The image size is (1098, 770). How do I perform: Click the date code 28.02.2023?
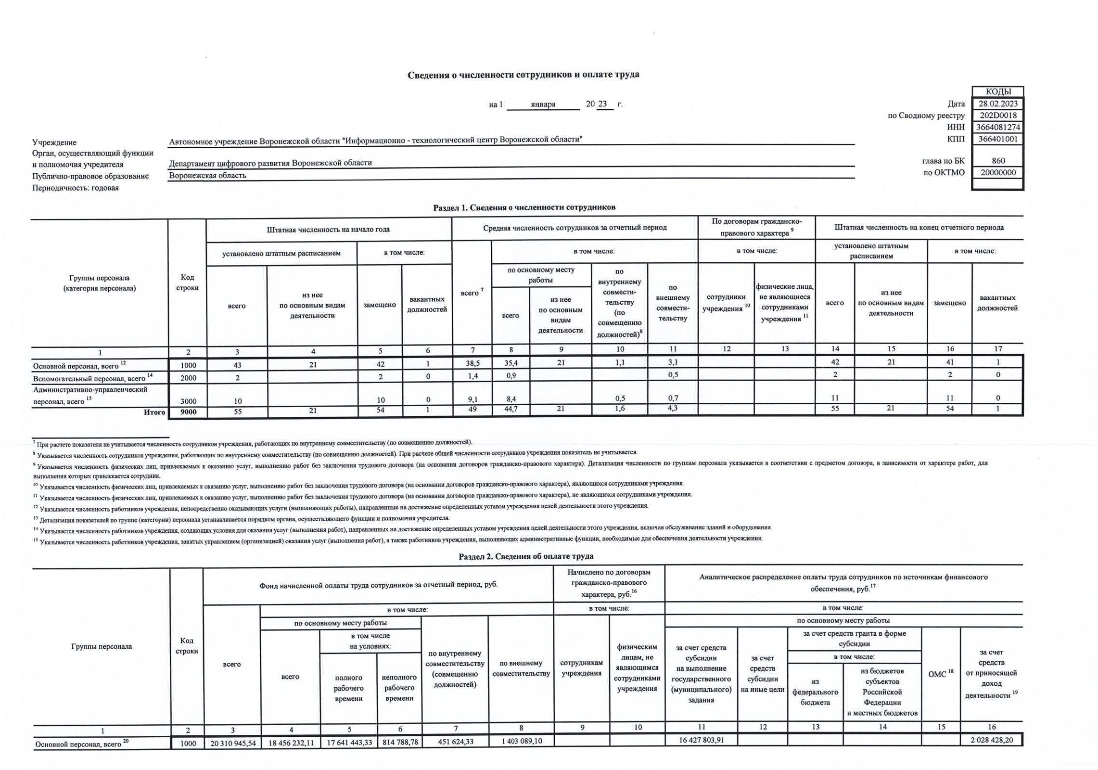(997, 104)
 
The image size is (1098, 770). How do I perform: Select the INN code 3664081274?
(997, 128)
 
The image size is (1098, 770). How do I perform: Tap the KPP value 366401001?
(997, 139)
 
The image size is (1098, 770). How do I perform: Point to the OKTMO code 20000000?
(997, 173)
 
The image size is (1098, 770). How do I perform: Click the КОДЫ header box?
(997, 92)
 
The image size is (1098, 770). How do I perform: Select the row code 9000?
(188, 412)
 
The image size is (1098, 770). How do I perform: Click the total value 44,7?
(511, 409)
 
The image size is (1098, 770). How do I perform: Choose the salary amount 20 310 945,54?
(233, 743)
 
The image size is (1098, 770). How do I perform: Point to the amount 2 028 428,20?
(991, 740)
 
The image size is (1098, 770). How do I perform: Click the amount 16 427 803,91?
(701, 740)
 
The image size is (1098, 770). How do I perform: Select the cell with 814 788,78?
(400, 743)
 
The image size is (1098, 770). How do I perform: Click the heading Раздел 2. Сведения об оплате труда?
(525, 556)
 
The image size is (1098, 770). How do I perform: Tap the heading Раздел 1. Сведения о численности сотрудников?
(524, 207)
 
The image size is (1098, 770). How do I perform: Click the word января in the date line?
(543, 104)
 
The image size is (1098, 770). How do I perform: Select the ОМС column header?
(940, 674)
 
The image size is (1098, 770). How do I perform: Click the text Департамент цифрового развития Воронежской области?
(270, 163)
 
